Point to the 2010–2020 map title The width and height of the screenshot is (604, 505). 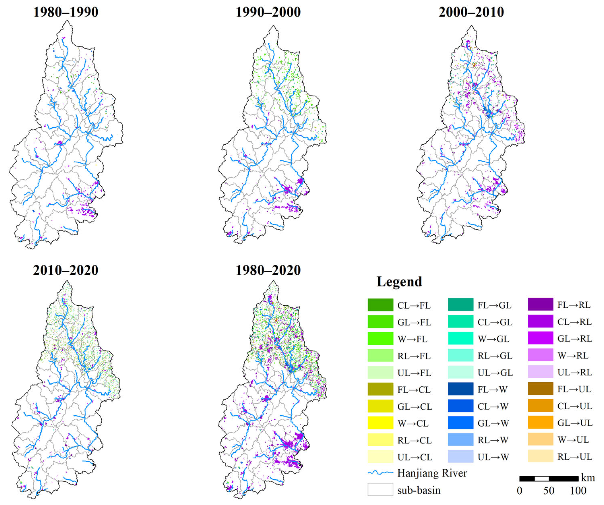pyautogui.click(x=66, y=270)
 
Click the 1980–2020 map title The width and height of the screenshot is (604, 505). pyautogui.click(x=268, y=270)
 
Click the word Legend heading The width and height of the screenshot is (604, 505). pyautogui.click(x=399, y=282)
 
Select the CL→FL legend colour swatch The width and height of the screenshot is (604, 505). pyautogui.click(x=380, y=305)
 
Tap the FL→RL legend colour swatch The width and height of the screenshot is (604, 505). pyautogui.click(x=540, y=304)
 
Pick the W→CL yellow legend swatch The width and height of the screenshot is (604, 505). pyautogui.click(x=380, y=423)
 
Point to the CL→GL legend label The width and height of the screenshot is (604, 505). pyautogui.click(x=495, y=322)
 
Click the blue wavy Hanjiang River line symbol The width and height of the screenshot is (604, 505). pyautogui.click(x=380, y=473)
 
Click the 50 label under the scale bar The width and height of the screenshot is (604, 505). pyautogui.click(x=549, y=491)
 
